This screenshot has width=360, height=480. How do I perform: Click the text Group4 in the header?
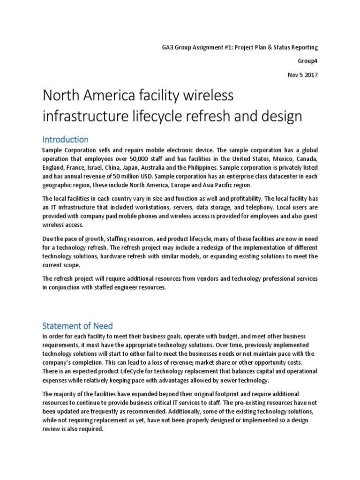tap(308, 61)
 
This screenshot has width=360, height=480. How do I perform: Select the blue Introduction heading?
tap(65, 139)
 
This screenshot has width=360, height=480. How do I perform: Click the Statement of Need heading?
tap(77, 326)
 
